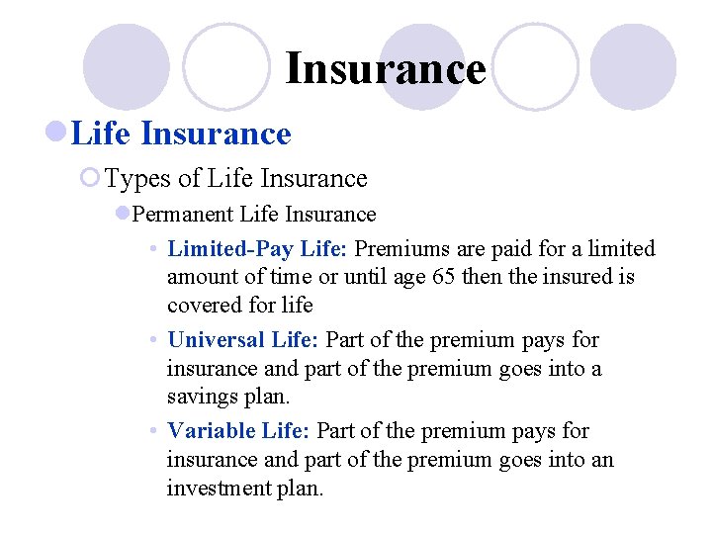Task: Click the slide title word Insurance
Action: (386, 69)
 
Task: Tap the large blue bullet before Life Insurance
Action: (57, 133)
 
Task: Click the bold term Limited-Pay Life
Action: (258, 248)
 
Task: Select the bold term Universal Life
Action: (243, 340)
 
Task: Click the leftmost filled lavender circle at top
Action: (127, 67)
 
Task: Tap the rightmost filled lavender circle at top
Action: (633, 67)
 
